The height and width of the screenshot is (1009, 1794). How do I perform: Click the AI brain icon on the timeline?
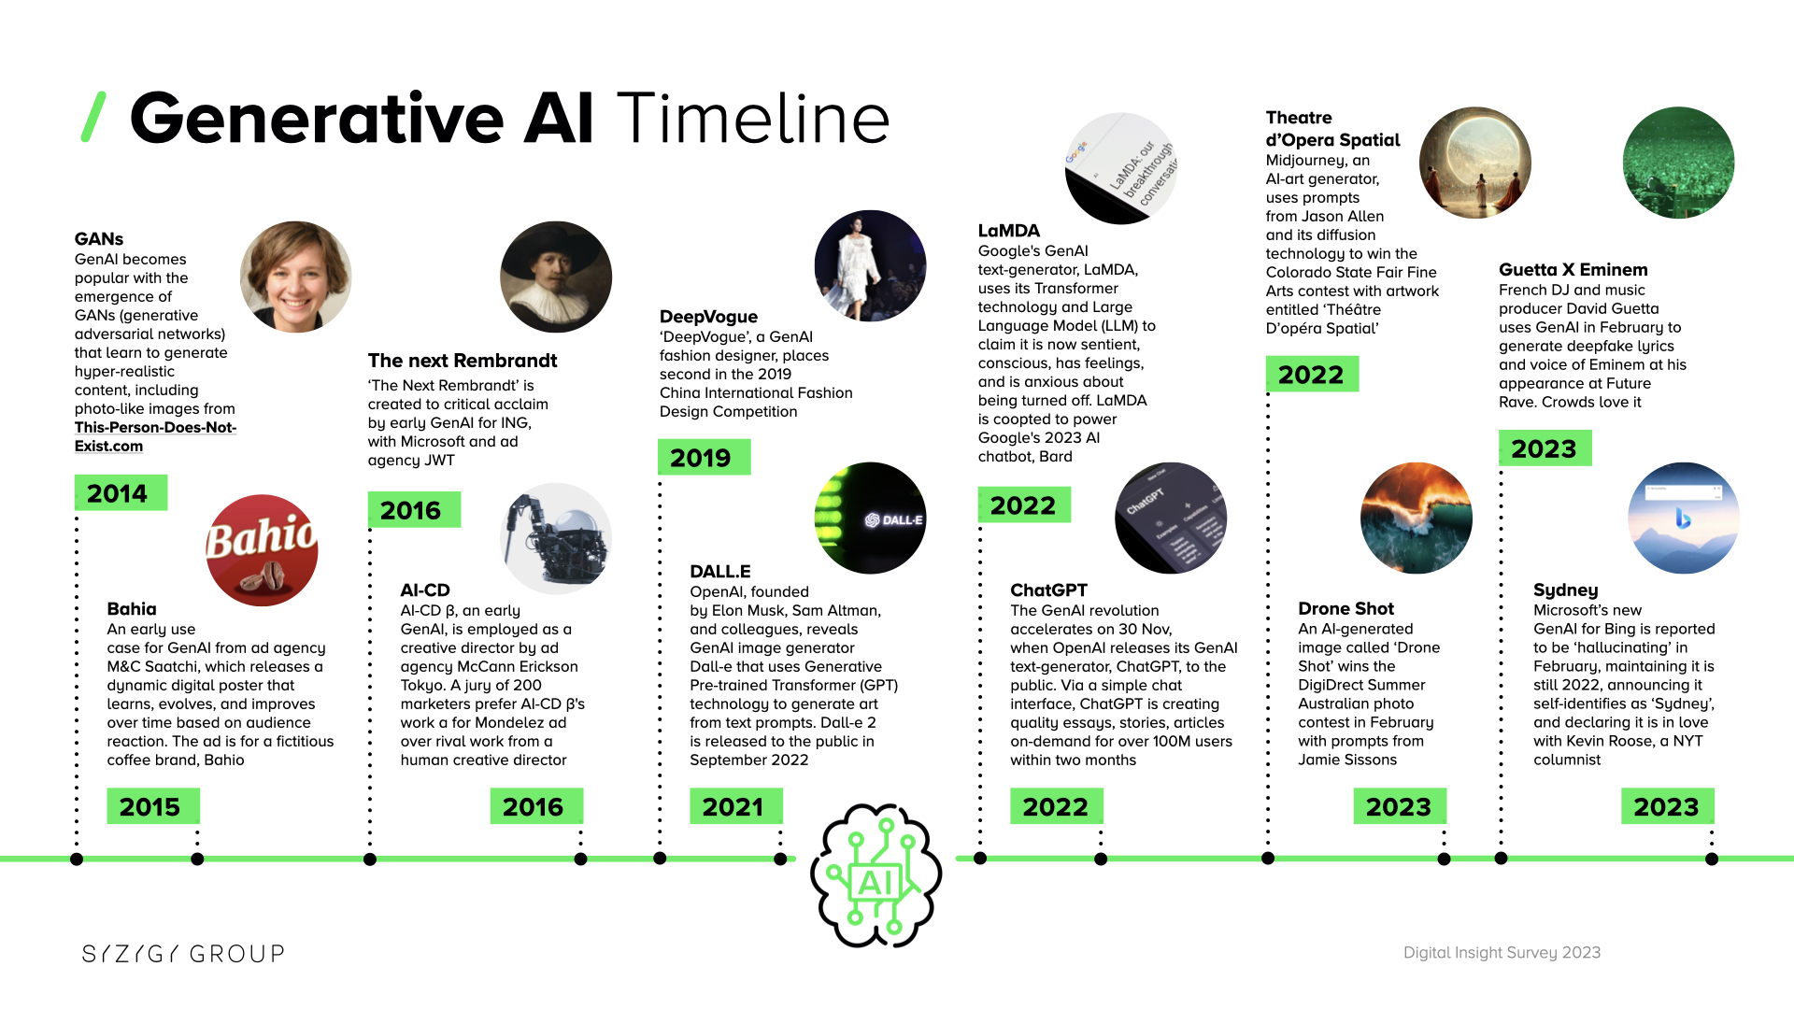click(x=876, y=875)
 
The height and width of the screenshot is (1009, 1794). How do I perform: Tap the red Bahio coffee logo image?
click(x=262, y=550)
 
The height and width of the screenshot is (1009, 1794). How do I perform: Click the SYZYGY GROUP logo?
click(x=183, y=954)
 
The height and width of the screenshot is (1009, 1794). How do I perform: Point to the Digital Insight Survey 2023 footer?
click(x=1502, y=953)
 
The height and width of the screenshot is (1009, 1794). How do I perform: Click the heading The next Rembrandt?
click(x=462, y=361)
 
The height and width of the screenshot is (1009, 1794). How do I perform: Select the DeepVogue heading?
click(x=708, y=317)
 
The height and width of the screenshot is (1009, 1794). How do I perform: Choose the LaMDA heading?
click(x=1008, y=231)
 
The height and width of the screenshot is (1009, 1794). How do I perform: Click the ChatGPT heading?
click(x=1048, y=590)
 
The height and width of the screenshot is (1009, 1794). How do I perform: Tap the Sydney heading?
click(x=1565, y=590)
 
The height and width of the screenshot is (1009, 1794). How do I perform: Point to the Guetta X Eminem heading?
click(x=1573, y=270)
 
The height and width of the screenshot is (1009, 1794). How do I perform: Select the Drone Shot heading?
click(x=1345, y=609)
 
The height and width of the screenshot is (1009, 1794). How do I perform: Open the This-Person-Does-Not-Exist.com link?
click(x=155, y=436)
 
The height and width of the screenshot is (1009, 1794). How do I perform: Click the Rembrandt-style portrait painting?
click(x=556, y=277)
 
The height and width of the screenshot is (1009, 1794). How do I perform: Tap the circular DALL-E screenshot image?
click(x=870, y=518)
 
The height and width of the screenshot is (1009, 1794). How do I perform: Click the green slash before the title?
click(x=93, y=117)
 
